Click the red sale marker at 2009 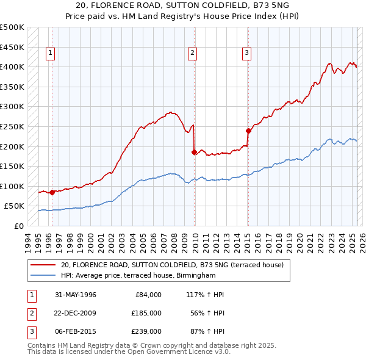tap(194, 153)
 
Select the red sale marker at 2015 tap(248, 131)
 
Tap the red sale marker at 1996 tap(52, 192)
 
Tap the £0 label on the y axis tap(18, 226)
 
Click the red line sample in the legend tap(43, 265)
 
